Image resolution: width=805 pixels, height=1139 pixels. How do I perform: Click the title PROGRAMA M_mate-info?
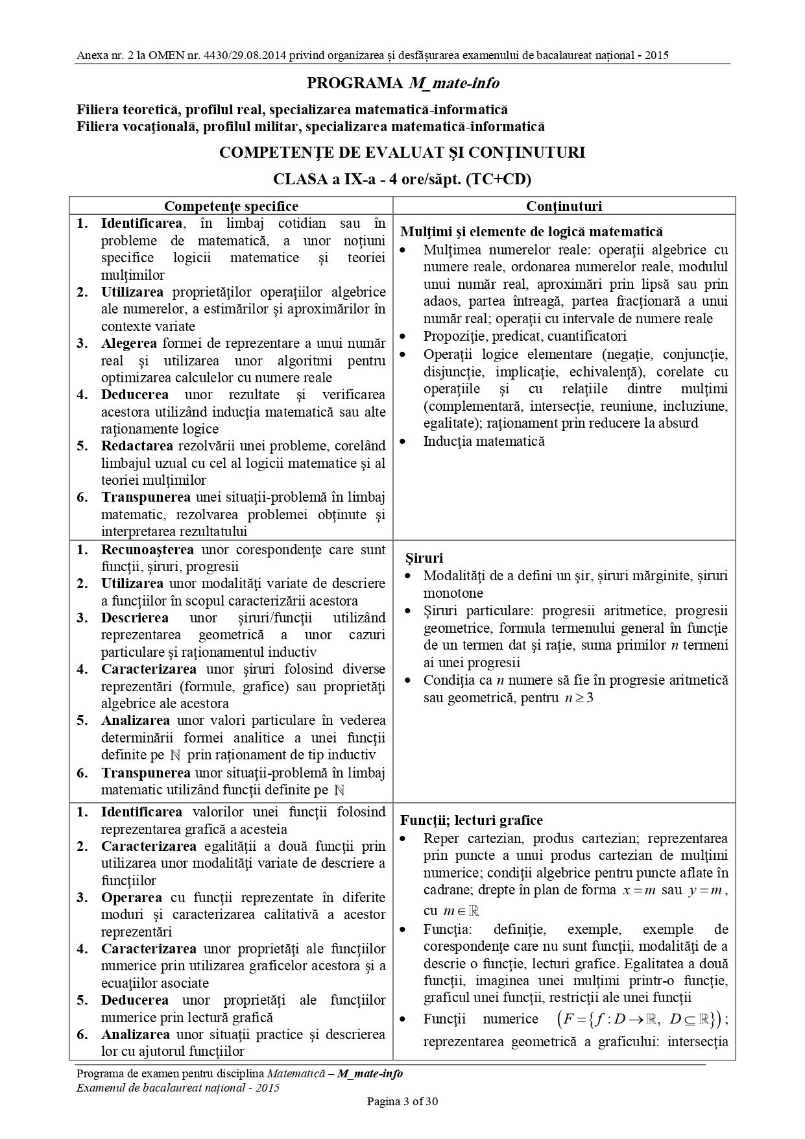tap(402, 83)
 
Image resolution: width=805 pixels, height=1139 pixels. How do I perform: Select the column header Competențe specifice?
tap(231, 206)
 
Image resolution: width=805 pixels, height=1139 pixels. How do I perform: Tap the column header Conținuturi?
tap(564, 206)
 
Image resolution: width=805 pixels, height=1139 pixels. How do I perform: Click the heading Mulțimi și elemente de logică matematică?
tap(531, 232)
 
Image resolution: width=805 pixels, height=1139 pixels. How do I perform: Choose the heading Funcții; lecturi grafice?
tap(472, 820)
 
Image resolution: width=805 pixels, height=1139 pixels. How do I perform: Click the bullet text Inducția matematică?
tap(483, 441)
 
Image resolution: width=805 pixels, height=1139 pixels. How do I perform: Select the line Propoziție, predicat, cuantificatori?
tap(525, 336)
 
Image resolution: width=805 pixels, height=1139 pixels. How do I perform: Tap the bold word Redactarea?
tap(137, 446)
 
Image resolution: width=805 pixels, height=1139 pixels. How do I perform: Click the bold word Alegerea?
tap(128, 343)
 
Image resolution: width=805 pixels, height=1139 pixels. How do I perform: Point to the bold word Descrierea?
tap(134, 618)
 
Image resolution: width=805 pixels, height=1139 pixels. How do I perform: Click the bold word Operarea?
tap(131, 898)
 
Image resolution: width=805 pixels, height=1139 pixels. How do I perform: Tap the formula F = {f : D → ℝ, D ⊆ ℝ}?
tap(638, 1020)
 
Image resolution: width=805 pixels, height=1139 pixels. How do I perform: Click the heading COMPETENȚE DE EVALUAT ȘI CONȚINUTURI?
tap(402, 153)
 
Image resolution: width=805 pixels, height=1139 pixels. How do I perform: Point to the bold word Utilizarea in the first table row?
tap(132, 292)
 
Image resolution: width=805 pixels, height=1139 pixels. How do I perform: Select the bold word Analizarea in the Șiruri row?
tap(135, 720)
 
